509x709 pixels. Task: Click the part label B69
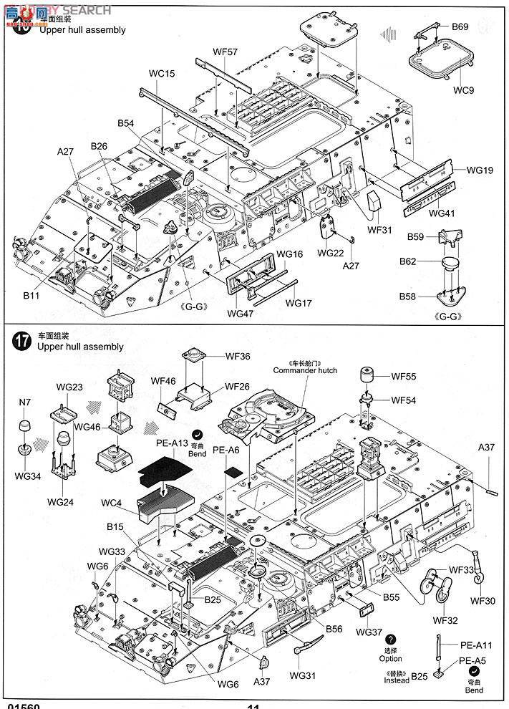click(460, 26)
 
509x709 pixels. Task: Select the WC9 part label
click(464, 90)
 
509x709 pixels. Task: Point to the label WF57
click(225, 51)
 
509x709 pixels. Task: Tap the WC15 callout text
click(162, 74)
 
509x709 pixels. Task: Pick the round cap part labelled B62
click(450, 265)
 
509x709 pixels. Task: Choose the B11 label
click(30, 294)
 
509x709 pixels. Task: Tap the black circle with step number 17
click(21, 340)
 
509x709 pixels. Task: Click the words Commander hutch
click(304, 370)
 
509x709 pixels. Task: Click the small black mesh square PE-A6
click(234, 472)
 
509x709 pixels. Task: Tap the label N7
click(25, 402)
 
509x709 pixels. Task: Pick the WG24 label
click(62, 502)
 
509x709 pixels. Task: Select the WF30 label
click(483, 600)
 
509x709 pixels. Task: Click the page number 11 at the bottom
click(253, 705)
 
